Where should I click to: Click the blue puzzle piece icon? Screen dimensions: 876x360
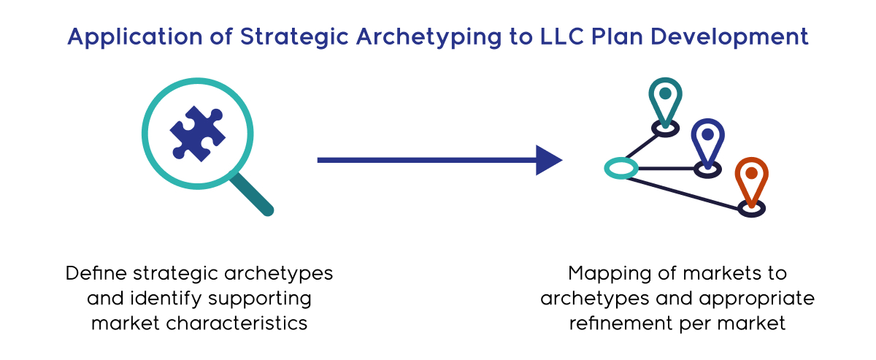(x=197, y=134)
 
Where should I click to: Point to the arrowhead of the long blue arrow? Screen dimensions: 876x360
(x=548, y=160)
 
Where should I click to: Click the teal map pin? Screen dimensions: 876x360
(x=665, y=98)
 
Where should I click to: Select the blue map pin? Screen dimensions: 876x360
(x=707, y=139)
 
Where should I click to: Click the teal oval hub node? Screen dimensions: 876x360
(x=621, y=169)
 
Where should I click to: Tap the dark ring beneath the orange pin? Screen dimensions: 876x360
(x=750, y=209)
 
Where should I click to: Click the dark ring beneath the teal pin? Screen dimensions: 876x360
(x=665, y=128)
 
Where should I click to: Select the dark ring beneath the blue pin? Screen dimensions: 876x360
(x=707, y=169)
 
